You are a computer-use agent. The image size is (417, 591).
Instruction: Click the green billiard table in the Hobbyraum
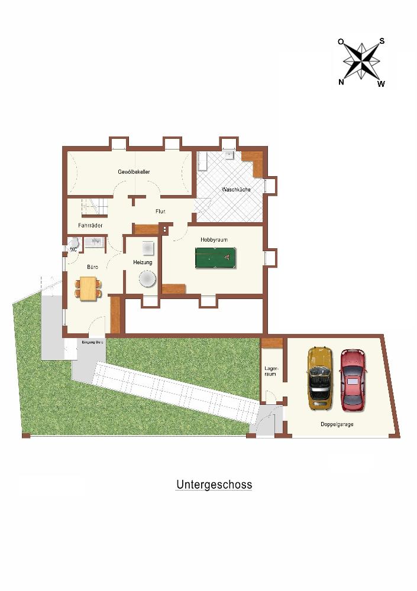pyautogui.click(x=215, y=258)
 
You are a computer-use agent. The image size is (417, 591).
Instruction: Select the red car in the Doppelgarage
pyautogui.click(x=354, y=380)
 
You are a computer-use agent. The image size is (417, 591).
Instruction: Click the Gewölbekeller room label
pyautogui.click(x=134, y=172)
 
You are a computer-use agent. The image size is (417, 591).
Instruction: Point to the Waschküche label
pyautogui.click(x=236, y=190)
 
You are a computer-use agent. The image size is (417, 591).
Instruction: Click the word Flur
pyautogui.click(x=160, y=212)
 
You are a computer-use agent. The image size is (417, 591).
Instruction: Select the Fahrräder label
pyautogui.click(x=90, y=225)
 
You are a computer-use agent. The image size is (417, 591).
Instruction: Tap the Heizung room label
pyautogui.click(x=143, y=262)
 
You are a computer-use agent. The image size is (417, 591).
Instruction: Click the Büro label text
pyautogui.click(x=92, y=267)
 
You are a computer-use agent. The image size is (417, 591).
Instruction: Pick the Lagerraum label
pyautogui.click(x=270, y=371)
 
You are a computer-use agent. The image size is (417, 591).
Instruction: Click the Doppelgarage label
pyautogui.click(x=337, y=424)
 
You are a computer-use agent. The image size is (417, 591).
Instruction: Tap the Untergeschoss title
pyautogui.click(x=214, y=485)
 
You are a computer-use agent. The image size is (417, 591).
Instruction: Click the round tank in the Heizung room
pyautogui.click(x=147, y=280)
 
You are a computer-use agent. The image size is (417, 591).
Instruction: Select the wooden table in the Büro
pyautogui.click(x=89, y=288)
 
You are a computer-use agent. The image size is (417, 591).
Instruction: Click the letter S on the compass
pyautogui.click(x=382, y=41)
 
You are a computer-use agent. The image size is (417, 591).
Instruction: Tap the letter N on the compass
pyautogui.click(x=341, y=82)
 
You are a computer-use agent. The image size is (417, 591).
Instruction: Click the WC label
pyautogui.click(x=73, y=249)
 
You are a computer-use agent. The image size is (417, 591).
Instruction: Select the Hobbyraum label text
pyautogui.click(x=214, y=240)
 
